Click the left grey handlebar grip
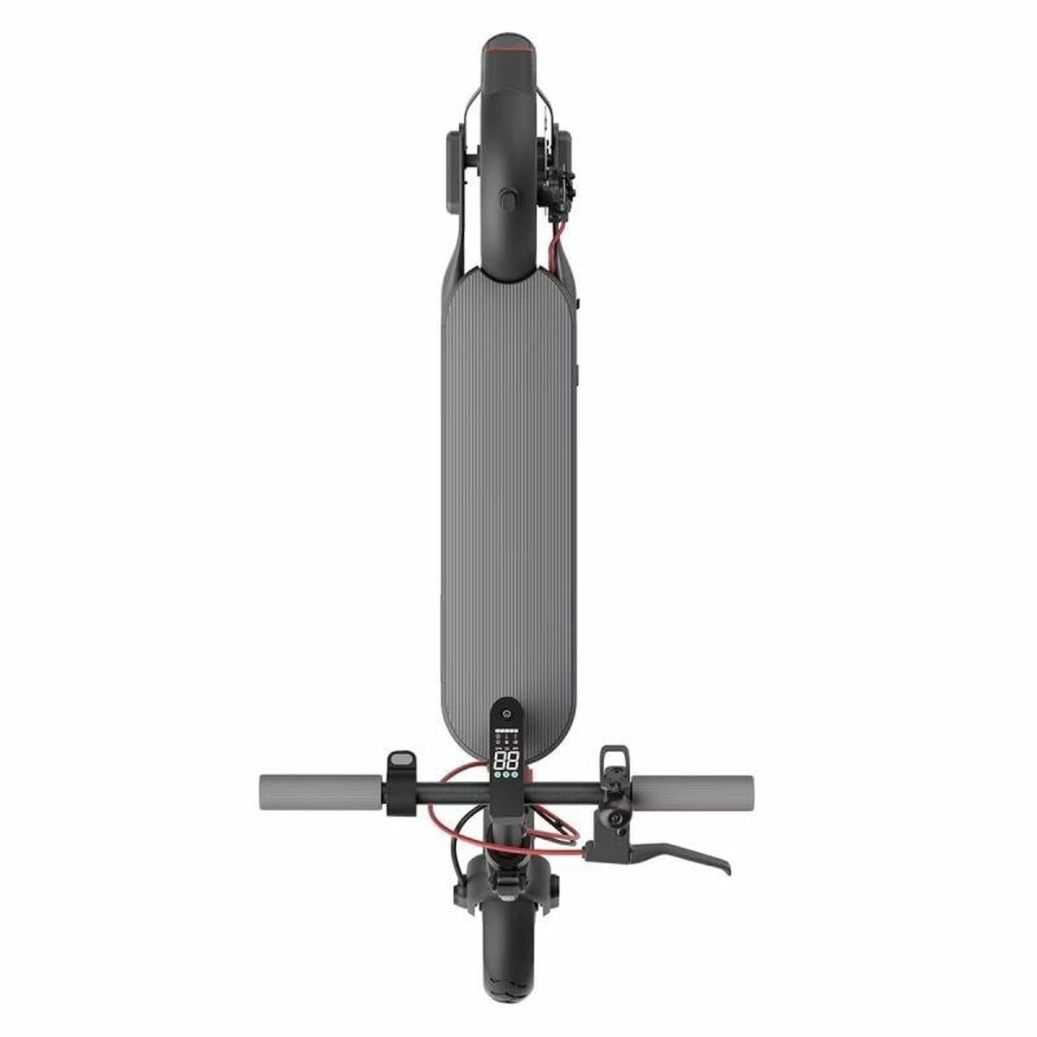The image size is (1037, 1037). point(320,791)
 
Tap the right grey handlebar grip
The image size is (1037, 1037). point(692,791)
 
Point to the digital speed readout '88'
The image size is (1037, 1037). point(506,761)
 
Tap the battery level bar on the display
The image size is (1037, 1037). point(506,729)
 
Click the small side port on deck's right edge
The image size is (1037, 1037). point(577,376)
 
